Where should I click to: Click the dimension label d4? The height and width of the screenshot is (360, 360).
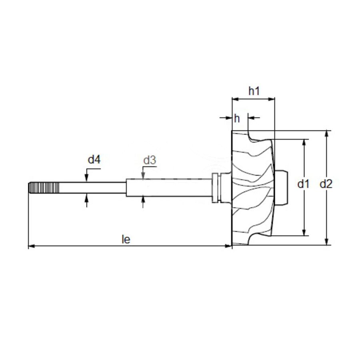tap(94, 160)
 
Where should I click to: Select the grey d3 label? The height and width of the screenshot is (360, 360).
tap(150, 160)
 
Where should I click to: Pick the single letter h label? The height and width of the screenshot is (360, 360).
tap(237, 118)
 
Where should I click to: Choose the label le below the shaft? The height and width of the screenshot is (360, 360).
tap(126, 239)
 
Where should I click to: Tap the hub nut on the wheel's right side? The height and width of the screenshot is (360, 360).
tap(282, 188)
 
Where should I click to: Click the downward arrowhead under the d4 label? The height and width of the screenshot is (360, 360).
tap(86, 179)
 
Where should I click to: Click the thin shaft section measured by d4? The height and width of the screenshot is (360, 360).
tap(92, 188)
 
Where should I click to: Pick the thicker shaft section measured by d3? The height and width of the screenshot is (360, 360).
tap(168, 187)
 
